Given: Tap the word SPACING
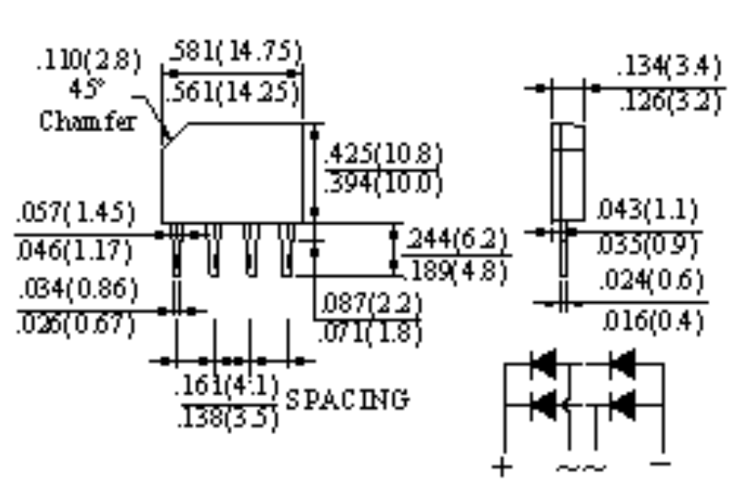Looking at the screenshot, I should [x=347, y=399].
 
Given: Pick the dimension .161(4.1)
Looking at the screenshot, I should [x=227, y=385].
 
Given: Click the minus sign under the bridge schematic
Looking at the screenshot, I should [x=661, y=464].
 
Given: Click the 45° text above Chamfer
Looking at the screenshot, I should [x=87, y=91].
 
